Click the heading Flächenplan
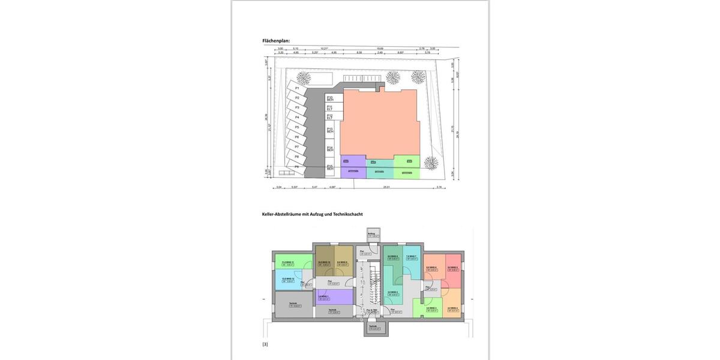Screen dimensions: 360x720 [276, 40]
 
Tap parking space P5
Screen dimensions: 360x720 [296, 128]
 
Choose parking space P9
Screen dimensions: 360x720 [296, 166]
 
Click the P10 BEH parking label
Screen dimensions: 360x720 [330, 98]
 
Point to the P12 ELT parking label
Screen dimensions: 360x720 [330, 116]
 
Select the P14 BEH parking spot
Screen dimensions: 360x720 [330, 148]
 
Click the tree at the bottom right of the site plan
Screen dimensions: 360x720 [430, 162]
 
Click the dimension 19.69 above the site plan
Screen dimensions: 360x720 [380, 49]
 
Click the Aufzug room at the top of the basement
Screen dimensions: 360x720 [371, 235]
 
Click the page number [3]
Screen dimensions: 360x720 [265, 344]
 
